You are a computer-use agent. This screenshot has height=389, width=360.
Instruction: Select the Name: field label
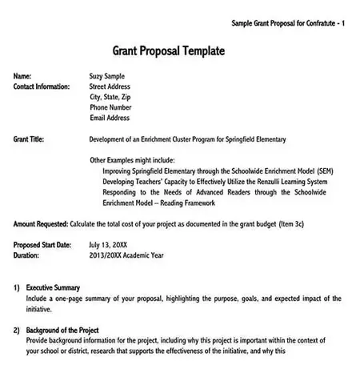click(25, 75)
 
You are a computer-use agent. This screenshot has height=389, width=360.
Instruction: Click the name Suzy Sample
click(112, 75)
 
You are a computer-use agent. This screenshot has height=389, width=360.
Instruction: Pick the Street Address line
click(110, 86)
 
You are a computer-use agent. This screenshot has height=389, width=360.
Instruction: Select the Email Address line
click(110, 118)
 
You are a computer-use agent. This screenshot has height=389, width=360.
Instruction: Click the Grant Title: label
click(30, 139)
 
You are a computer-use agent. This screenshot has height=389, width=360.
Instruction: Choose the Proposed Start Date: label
click(42, 244)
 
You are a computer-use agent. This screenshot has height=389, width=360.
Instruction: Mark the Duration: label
click(29, 255)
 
